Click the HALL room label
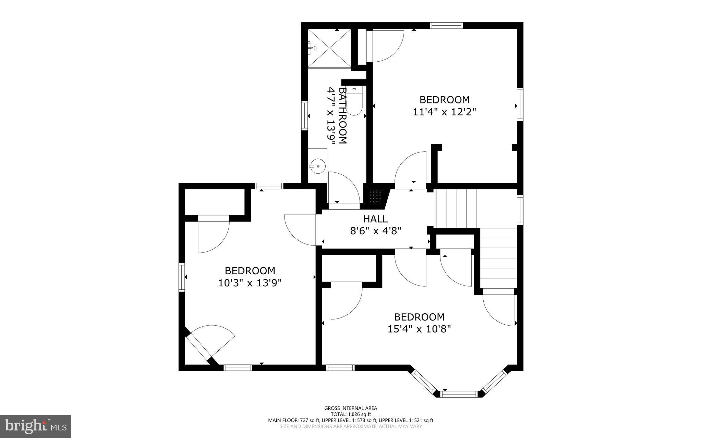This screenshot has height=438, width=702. point(375,219)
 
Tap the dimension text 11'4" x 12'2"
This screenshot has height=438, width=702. point(445,112)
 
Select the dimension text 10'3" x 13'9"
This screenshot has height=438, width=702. point(250,283)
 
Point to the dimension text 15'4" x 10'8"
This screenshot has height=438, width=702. point(419,329)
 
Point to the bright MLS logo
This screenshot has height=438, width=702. point(36,426)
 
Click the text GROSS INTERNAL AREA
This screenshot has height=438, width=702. point(351,408)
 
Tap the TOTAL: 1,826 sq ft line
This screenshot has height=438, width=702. point(351,414)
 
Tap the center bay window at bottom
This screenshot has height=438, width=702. point(458,394)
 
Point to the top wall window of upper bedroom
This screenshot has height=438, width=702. point(446,25)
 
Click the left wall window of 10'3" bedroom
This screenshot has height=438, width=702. point(182,277)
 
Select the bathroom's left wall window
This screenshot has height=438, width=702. point(304,115)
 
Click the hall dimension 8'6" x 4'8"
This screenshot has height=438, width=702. point(375,231)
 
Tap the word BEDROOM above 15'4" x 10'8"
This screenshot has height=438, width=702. point(419,317)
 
